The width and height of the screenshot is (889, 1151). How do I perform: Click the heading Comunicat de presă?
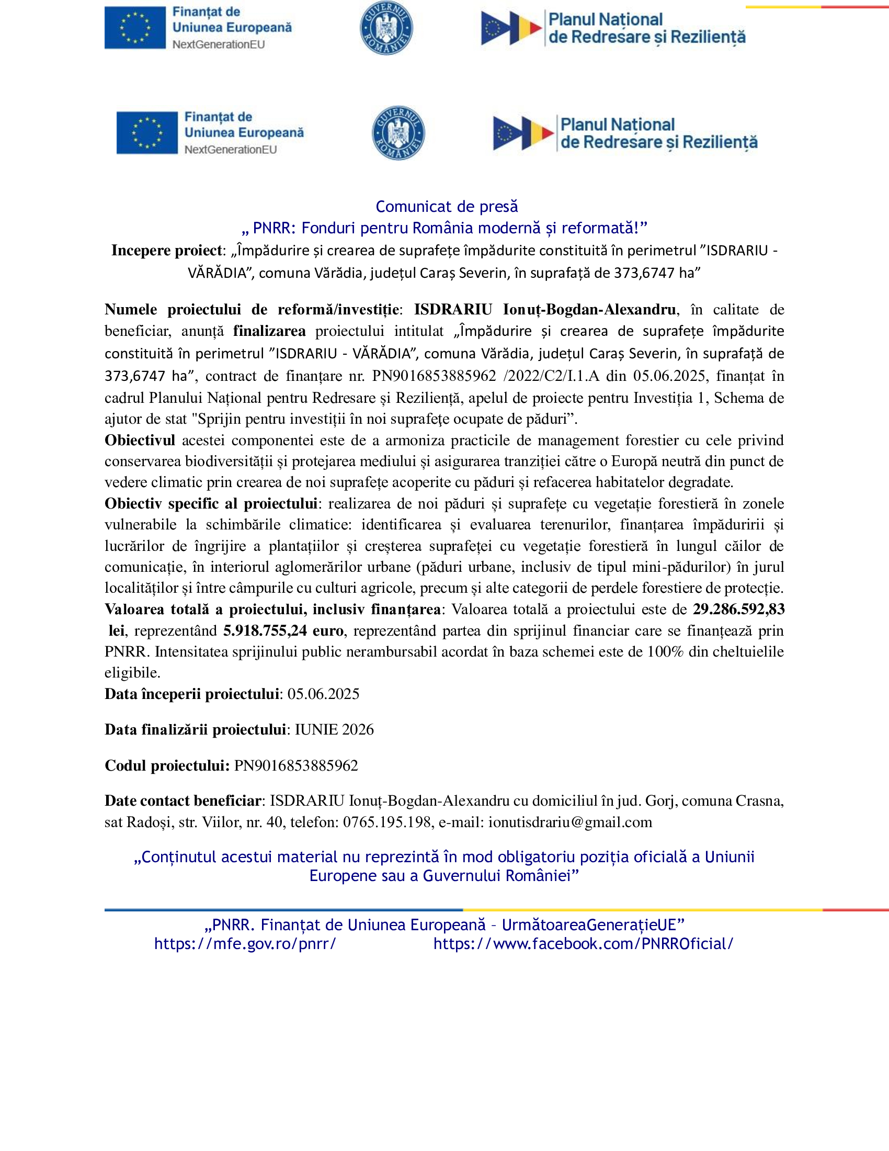click(x=447, y=207)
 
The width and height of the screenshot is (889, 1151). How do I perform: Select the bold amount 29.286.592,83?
click(x=738, y=609)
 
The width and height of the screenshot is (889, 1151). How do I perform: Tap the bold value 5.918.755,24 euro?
click(x=283, y=631)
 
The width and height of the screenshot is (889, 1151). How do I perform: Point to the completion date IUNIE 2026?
click(x=334, y=730)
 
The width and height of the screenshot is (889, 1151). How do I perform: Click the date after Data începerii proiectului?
click(x=323, y=694)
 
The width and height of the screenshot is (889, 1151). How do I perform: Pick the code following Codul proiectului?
click(x=296, y=766)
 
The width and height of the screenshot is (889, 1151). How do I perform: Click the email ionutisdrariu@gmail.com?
click(x=570, y=822)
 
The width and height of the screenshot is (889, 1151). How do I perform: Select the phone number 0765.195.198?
click(x=387, y=822)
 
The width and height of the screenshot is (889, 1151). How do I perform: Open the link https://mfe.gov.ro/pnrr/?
click(x=245, y=944)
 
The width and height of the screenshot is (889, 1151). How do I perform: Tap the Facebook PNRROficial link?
click(x=583, y=944)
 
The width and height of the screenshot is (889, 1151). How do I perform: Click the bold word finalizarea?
click(x=269, y=331)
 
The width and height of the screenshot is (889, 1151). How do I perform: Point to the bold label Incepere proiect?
click(x=166, y=250)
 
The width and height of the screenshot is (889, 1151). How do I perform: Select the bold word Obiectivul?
click(x=140, y=440)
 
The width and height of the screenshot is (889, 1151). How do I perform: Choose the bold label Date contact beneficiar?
click(x=183, y=801)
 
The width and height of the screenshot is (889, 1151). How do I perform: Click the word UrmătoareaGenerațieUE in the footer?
click(x=589, y=925)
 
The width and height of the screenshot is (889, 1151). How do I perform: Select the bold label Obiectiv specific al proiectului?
click(x=211, y=504)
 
